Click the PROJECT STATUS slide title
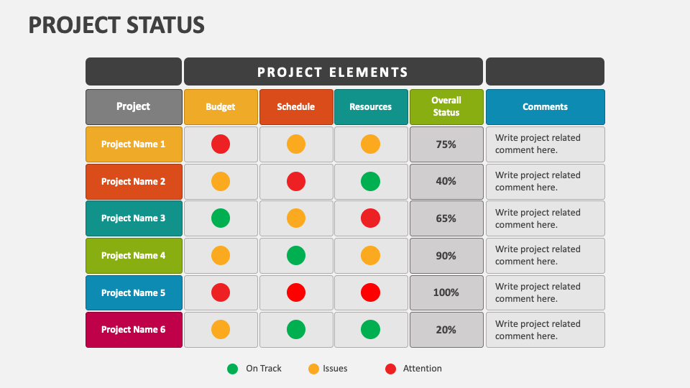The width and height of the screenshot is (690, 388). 116,24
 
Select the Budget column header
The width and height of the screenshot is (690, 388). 221,107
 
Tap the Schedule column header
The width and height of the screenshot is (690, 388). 296,107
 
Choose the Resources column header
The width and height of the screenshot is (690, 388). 371,107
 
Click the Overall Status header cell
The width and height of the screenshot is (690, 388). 446,106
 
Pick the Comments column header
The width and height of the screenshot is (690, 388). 545,107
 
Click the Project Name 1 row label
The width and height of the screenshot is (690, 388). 134,144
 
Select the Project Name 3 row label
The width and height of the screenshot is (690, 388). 134,218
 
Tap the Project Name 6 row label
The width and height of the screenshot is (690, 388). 134,330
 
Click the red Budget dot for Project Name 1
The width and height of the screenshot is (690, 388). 221,144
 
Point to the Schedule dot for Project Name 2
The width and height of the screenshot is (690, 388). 296,181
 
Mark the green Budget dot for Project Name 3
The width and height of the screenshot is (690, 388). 221,218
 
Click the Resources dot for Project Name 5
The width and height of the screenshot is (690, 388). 371,292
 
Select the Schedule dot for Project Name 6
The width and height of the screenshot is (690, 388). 296,330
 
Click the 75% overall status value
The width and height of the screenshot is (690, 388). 446,144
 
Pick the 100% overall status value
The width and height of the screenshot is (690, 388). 446,292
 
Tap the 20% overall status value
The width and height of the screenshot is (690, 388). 446,330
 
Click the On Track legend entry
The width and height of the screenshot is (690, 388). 255,369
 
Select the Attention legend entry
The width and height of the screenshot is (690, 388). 414,369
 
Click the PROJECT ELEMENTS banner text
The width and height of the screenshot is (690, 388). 333,72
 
